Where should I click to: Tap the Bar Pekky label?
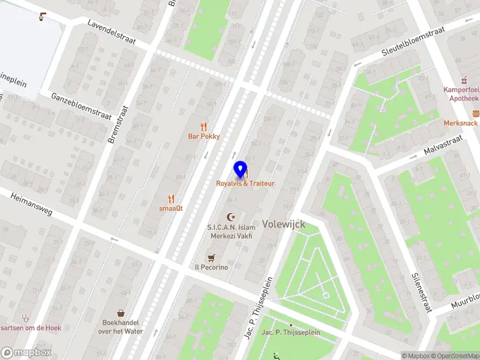tap(204, 136)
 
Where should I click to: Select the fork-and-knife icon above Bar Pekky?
tap(204, 126)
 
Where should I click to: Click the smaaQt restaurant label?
tap(171, 208)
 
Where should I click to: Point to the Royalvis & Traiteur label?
tap(245, 183)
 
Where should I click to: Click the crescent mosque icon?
tap(231, 217)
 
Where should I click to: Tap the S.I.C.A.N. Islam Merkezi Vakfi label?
tap(231, 232)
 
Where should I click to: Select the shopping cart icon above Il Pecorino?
tap(211, 257)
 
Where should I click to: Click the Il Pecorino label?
tap(211, 267)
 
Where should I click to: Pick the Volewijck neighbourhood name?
tap(283, 224)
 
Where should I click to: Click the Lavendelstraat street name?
tap(112, 32)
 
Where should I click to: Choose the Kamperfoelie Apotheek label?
tap(461, 94)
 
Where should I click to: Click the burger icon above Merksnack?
tap(476, 113)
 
